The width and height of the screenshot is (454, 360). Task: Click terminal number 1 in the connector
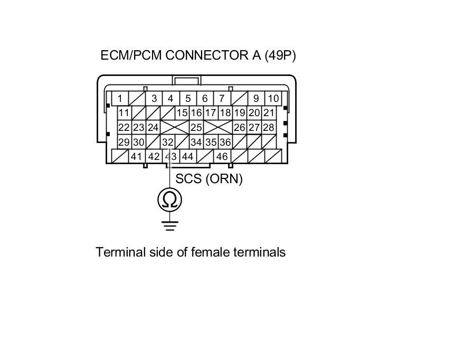coord(120,98)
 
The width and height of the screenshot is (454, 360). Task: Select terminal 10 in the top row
coord(273,98)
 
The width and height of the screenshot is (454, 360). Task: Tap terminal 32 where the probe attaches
coord(168,142)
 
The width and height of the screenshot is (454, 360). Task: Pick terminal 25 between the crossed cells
coord(196,127)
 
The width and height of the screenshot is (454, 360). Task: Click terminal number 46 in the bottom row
coord(222,156)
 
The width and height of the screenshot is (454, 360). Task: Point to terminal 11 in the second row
coord(124,112)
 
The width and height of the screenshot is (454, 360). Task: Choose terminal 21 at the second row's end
coord(269,112)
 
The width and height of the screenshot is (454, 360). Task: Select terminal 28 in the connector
coord(269,127)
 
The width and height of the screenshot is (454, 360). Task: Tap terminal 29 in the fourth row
coord(124,142)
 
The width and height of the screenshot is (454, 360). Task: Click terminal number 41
coord(137,156)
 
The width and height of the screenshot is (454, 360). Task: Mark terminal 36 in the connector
coord(225,142)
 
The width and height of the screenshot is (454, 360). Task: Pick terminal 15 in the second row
coord(182,112)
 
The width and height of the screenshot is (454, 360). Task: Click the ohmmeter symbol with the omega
coord(170,200)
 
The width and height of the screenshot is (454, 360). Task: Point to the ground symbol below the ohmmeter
coord(170,226)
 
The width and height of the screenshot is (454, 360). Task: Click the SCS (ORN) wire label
coord(209,179)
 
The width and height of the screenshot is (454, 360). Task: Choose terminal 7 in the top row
coord(222,98)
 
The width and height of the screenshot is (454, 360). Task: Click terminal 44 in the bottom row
coord(187,156)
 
